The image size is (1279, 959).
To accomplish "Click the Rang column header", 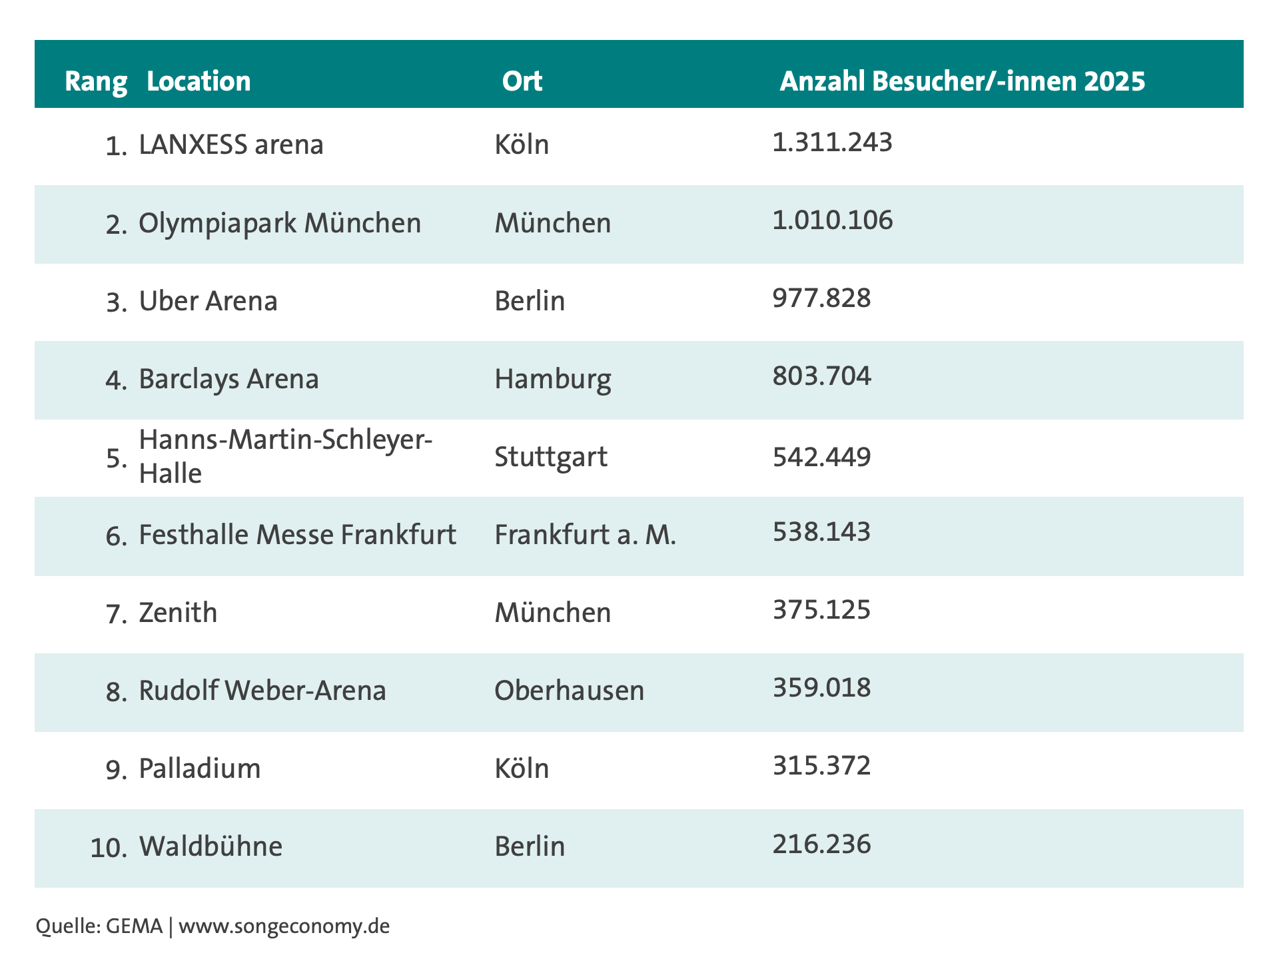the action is pos(96,82).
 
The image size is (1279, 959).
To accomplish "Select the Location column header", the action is pos(199,81).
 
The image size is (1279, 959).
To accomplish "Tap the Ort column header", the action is pos(522,81).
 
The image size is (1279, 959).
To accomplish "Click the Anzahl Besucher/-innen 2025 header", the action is pos(963,81).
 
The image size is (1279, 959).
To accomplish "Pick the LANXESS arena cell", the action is pos(231,144).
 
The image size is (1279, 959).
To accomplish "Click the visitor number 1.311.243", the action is pos(832,143).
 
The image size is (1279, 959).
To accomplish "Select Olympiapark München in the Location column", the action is pos(280,223).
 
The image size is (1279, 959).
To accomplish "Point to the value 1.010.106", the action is pos(833,220).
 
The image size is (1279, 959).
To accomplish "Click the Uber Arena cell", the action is pos(208,301).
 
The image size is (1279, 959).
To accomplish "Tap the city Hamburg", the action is pos(553,380).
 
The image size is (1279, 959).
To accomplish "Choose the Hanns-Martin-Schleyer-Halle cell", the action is pos(286,457).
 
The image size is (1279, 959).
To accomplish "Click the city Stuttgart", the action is pos(551,458).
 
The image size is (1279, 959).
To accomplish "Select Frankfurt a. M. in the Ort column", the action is pos(586,535).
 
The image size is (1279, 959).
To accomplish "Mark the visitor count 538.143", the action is pos(821,532).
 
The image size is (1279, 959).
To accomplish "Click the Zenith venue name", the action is pos(178,613).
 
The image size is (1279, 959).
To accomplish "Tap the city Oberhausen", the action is pos(570,691).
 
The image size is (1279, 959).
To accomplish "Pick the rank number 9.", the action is pos(117,770).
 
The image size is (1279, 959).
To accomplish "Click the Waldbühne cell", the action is pos(211,846).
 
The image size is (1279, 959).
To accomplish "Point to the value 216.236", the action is pos(821,844).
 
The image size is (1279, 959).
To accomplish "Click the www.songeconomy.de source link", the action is pos(284,926).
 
